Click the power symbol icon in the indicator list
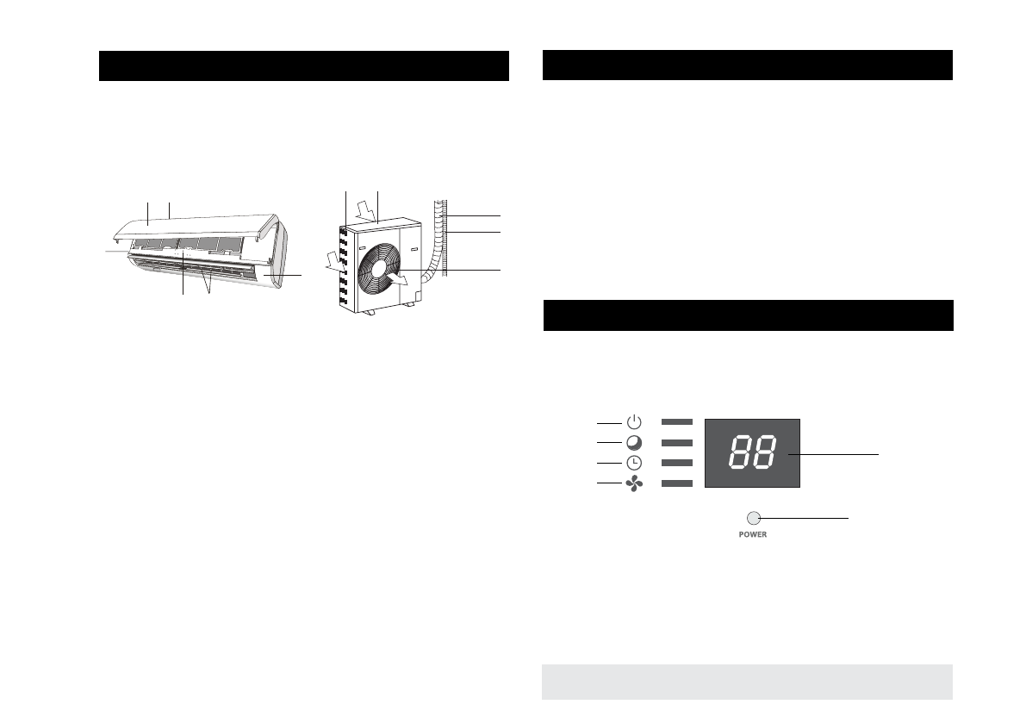634,422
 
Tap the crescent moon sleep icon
634,443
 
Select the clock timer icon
634,464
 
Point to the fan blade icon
634,483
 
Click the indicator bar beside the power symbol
676,422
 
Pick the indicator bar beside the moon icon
676,443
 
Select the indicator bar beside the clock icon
676,464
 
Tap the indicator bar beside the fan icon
676,483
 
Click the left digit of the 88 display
740,452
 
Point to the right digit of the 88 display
764,452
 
